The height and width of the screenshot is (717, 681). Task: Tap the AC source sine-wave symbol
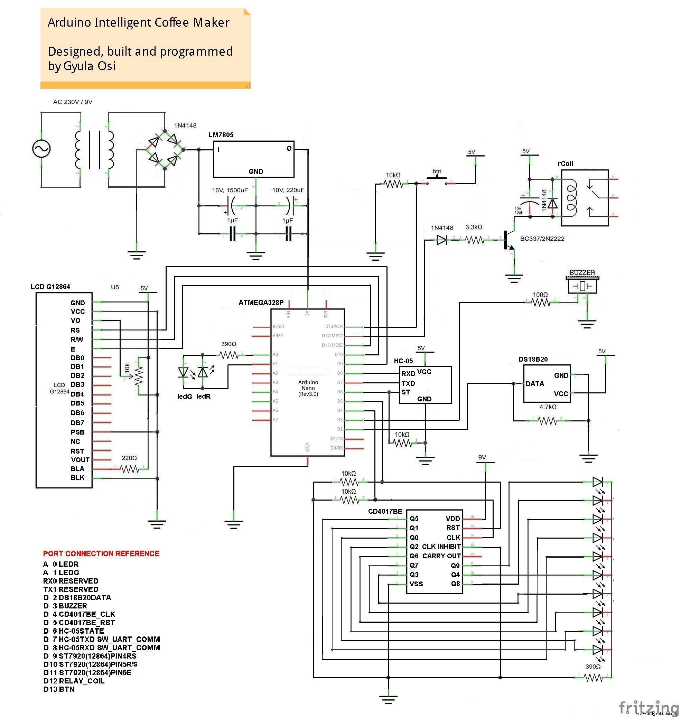(x=41, y=149)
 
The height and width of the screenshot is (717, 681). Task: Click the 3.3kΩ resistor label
(x=474, y=227)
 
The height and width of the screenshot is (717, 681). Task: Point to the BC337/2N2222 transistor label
(x=542, y=239)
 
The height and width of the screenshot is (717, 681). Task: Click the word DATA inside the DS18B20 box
(x=535, y=384)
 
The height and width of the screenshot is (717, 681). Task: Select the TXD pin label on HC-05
(x=408, y=383)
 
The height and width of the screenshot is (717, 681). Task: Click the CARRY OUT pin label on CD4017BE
(x=441, y=556)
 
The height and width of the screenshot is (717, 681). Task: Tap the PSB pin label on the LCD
(x=77, y=432)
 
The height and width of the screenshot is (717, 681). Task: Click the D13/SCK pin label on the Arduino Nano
(x=334, y=326)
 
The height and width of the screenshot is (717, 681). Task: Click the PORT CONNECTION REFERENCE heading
(x=101, y=553)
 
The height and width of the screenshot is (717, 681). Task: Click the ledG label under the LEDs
(x=184, y=397)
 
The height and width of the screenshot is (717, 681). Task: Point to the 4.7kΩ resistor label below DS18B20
(x=548, y=407)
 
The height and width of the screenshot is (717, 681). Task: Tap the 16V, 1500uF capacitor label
(x=230, y=190)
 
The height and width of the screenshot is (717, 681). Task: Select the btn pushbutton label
(x=437, y=171)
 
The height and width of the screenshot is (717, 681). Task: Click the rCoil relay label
(x=565, y=164)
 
